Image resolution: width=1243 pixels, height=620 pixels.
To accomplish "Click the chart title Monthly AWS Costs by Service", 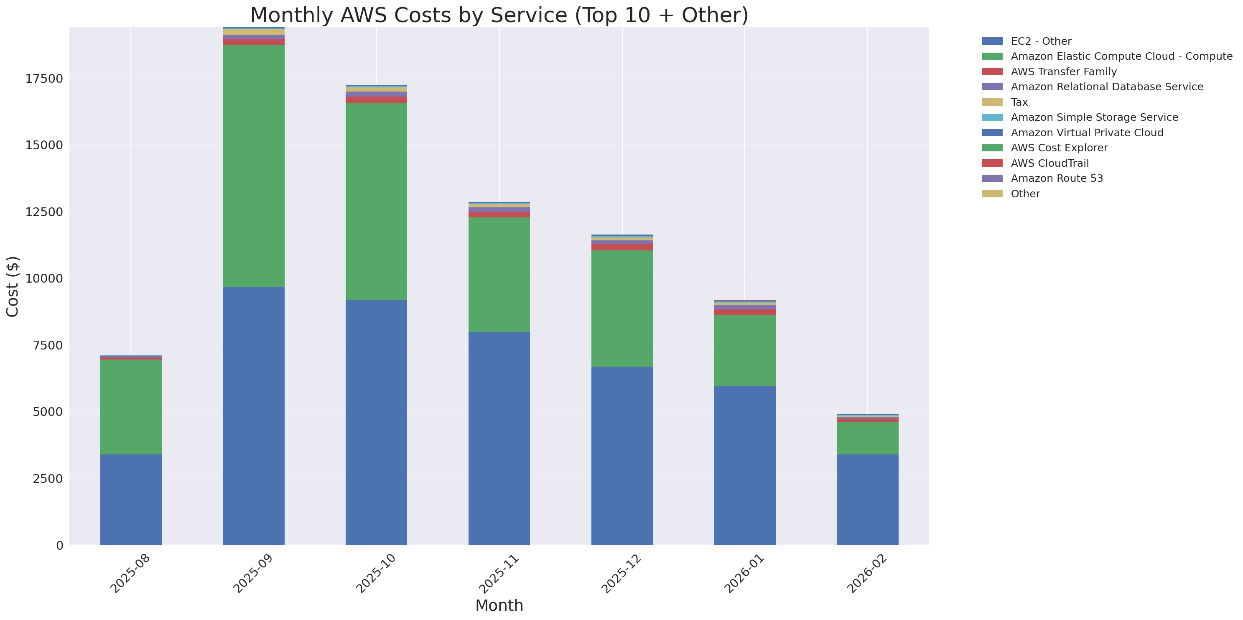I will (x=499, y=15).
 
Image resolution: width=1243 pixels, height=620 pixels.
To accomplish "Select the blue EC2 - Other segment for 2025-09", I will (x=253, y=416).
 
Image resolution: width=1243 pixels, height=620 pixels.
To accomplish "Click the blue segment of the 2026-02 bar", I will (x=867, y=499).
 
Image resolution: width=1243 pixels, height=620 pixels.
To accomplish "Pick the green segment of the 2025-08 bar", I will (x=131, y=407).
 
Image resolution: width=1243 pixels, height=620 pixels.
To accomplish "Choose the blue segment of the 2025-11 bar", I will (x=499, y=438).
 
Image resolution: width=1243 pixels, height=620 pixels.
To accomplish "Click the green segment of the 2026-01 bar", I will (x=744, y=350).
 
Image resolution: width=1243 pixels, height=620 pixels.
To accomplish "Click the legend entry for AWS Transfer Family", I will (x=1064, y=72).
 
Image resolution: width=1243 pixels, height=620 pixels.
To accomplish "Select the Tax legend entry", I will (x=1019, y=102).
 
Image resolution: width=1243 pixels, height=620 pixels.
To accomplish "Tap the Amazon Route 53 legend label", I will (x=1057, y=179).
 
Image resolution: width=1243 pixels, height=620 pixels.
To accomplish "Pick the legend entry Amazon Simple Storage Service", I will (x=1094, y=117).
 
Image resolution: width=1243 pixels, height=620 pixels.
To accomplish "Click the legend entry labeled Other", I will (x=1025, y=194).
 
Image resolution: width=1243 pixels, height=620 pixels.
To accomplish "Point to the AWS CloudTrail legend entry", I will (x=1049, y=163).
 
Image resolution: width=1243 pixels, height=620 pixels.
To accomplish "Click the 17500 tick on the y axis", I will (x=44, y=79).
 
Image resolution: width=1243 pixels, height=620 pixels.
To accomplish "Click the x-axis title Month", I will (x=499, y=605).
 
